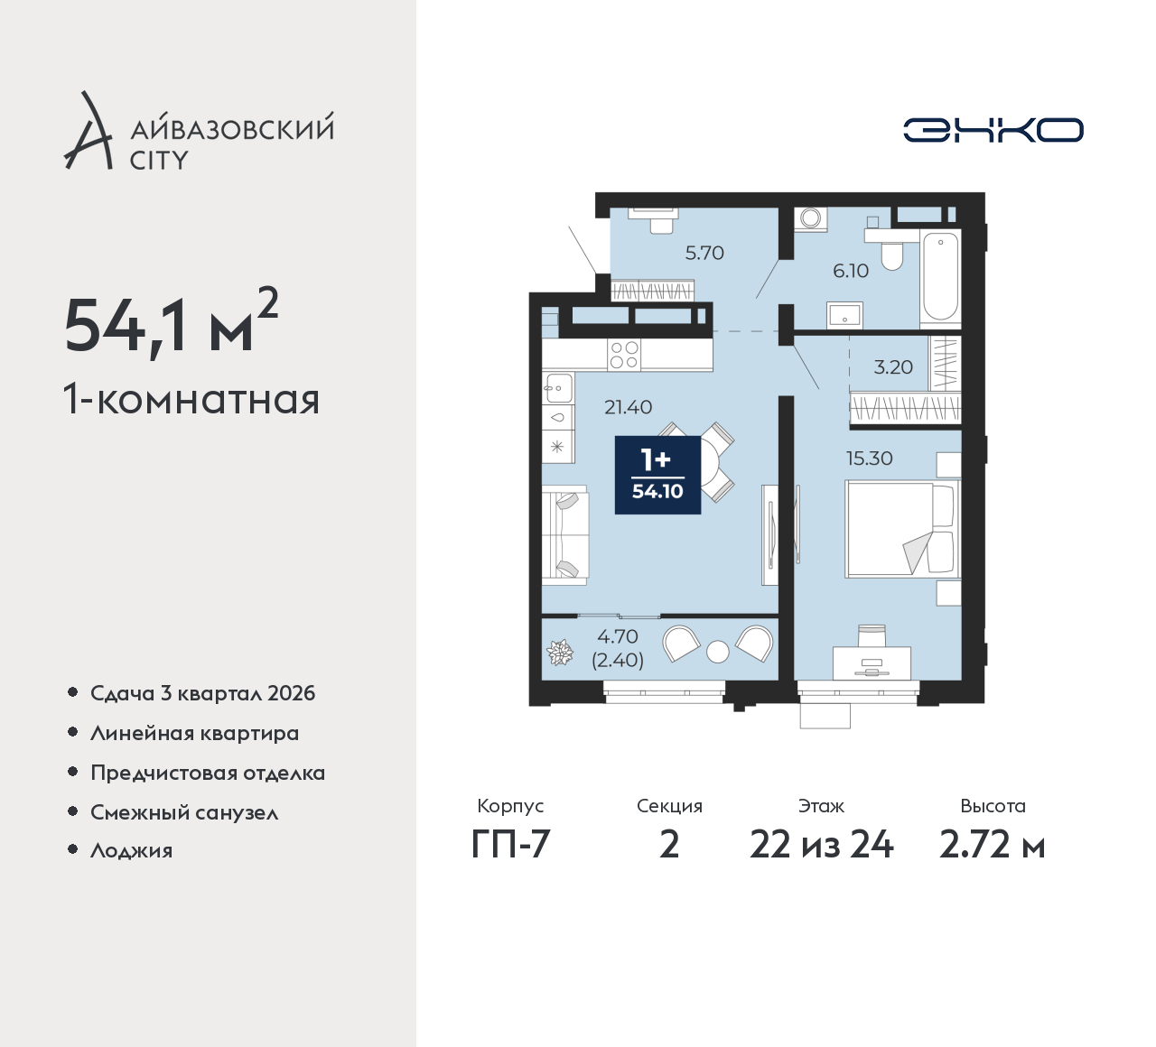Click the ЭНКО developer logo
[993, 130]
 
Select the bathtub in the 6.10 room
[940, 275]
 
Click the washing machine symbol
[811, 218]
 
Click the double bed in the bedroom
[902, 529]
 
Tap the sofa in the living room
[564, 535]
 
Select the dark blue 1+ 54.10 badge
[657, 475]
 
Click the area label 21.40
[629, 407]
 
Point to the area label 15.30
[869, 459]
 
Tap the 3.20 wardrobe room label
[893, 366]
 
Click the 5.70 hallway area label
[704, 252]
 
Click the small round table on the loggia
[717, 652]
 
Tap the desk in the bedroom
[872, 662]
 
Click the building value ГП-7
[510, 845]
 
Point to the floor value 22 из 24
[821, 845]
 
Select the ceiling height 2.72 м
[993, 845]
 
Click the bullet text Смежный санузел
[184, 812]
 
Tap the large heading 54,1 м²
[172, 325]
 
